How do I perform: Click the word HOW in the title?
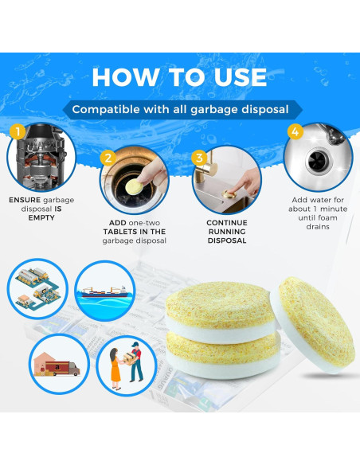pyautogui.click(x=125, y=77)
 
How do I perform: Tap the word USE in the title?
pyautogui.click(x=240, y=77)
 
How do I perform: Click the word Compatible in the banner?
pyautogui.click(x=106, y=109)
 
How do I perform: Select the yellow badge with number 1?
pyautogui.click(x=18, y=131)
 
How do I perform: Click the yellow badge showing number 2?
pyautogui.click(x=108, y=158)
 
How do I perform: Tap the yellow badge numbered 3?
pyautogui.click(x=199, y=158)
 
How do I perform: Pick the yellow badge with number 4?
pyautogui.click(x=295, y=131)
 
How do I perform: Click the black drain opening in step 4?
pyautogui.click(x=317, y=160)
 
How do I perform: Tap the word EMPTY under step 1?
pyautogui.click(x=41, y=217)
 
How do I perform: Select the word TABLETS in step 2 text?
pyautogui.click(x=118, y=232)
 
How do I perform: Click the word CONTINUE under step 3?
pyautogui.click(x=227, y=223)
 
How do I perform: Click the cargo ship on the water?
pyautogui.click(x=104, y=291)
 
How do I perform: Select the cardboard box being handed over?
pyautogui.click(x=129, y=357)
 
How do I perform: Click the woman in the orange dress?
pyautogui.click(x=115, y=369)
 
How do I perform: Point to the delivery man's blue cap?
pyautogui.click(x=135, y=344)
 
